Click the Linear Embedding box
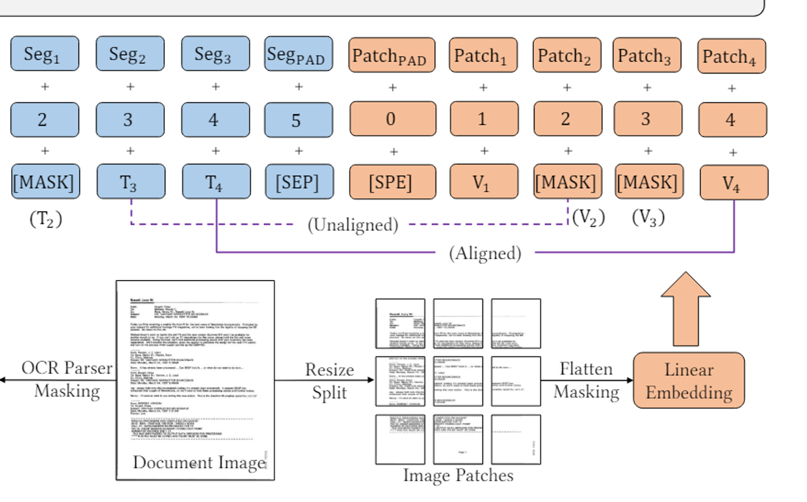point(689,380)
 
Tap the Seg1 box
point(44,54)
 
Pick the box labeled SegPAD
point(298,54)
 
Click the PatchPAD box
point(391,55)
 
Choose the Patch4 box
point(732,56)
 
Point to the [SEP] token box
point(299,182)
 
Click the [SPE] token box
point(392,182)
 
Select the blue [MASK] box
point(44,182)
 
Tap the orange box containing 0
point(391,119)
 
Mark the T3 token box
point(130,182)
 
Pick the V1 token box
point(483,182)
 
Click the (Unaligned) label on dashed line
point(353,224)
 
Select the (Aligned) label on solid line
point(485,252)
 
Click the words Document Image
point(199,462)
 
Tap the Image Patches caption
point(458,475)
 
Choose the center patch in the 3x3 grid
point(458,381)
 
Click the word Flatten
point(586,369)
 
